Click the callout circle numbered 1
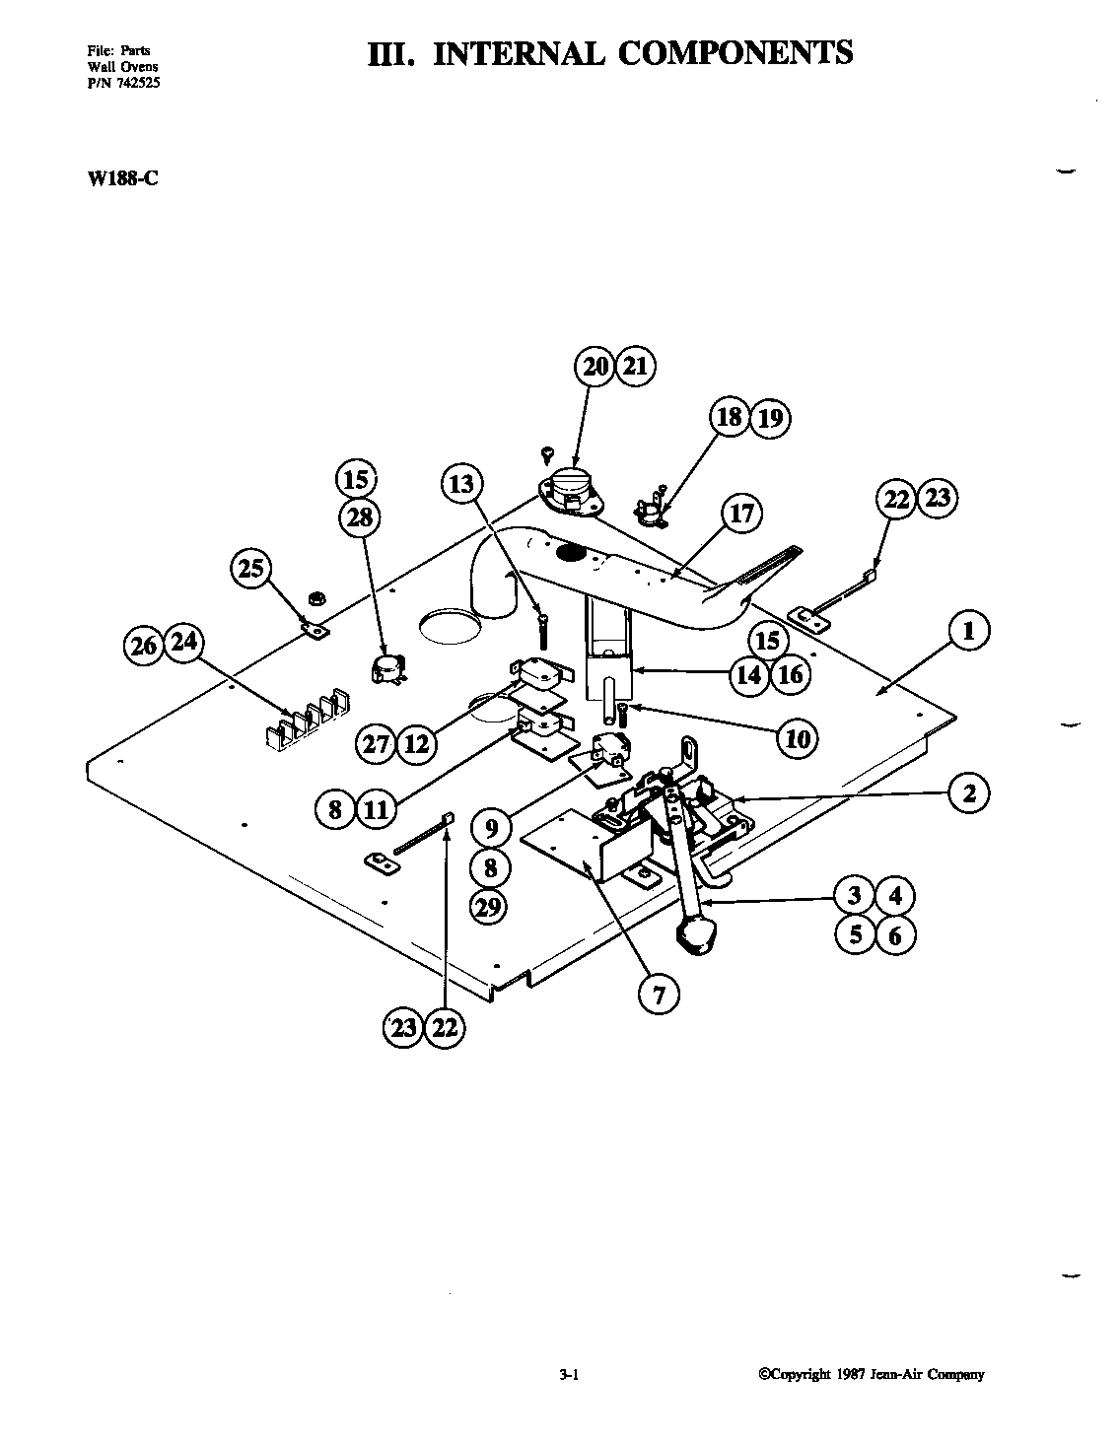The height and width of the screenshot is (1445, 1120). [968, 631]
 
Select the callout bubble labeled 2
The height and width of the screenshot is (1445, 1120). [969, 791]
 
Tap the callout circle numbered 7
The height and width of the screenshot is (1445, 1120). [659, 994]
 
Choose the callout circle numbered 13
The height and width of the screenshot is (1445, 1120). [461, 484]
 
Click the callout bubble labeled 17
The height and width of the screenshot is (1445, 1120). [741, 513]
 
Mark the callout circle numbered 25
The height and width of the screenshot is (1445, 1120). [251, 568]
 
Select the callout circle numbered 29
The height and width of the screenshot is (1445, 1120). [489, 906]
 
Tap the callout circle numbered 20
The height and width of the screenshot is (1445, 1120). [595, 367]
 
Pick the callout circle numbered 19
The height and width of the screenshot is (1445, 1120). [769, 418]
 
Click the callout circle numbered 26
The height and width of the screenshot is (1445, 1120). [145, 645]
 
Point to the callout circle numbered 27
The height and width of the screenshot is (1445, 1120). [377, 743]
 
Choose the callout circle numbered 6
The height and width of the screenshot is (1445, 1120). [894, 933]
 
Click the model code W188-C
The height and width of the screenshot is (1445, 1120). [116, 179]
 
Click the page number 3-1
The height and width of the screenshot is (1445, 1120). [567, 1375]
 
